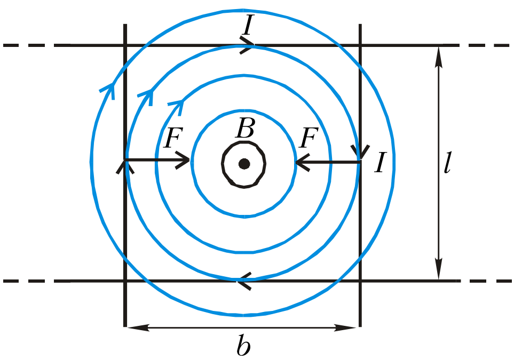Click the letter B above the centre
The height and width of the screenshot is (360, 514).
(x=245, y=128)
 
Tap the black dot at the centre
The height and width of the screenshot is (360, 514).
(x=244, y=163)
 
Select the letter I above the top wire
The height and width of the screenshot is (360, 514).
(x=248, y=25)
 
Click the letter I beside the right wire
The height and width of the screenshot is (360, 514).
(x=381, y=162)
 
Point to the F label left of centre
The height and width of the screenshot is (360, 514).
(x=173, y=137)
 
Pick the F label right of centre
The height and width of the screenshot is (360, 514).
(x=309, y=137)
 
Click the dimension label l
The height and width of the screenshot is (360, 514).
(x=447, y=162)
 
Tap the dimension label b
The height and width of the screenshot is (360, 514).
(x=243, y=345)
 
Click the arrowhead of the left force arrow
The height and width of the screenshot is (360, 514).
(x=183, y=160)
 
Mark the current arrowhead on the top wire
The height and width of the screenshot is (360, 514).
(x=247, y=45)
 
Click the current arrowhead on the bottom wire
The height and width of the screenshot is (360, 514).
(x=244, y=281)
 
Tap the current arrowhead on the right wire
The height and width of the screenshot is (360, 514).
(x=360, y=151)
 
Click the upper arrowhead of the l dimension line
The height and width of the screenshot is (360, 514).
(x=439, y=57)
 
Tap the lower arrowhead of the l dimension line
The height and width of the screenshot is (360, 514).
(x=439, y=269)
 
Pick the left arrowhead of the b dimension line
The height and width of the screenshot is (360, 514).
(x=138, y=327)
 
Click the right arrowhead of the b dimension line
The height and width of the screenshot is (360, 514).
(x=345, y=327)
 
